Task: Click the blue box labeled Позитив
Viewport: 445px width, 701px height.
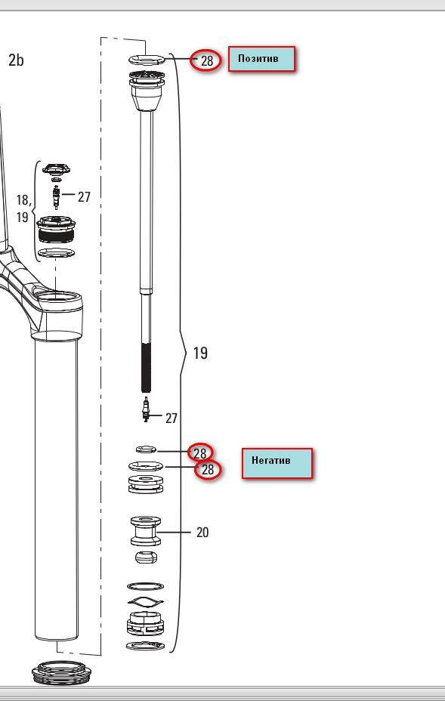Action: pyautogui.click(x=261, y=59)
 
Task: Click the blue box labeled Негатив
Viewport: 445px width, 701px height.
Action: pyautogui.click(x=277, y=463)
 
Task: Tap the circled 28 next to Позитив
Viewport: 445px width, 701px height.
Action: pyautogui.click(x=206, y=60)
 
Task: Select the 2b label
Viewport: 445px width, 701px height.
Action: pyautogui.click(x=16, y=60)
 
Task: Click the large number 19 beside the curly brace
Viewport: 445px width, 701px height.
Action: pyautogui.click(x=200, y=353)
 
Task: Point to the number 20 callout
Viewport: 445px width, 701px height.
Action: pyautogui.click(x=202, y=532)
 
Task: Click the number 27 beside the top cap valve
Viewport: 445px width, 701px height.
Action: pyautogui.click(x=84, y=196)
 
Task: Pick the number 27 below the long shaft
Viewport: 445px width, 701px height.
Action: pyautogui.click(x=172, y=418)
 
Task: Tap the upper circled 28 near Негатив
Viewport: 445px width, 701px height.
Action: pyautogui.click(x=199, y=452)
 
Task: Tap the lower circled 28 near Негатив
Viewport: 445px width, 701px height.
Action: pyautogui.click(x=208, y=469)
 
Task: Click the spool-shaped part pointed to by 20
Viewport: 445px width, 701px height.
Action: pyautogui.click(x=146, y=531)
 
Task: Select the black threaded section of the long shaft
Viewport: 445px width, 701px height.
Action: pyautogui.click(x=146, y=367)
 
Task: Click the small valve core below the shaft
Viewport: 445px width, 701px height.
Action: pyautogui.click(x=145, y=409)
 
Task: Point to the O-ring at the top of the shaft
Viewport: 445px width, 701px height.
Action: pyautogui.click(x=147, y=59)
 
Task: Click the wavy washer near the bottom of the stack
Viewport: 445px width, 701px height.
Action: pyautogui.click(x=145, y=601)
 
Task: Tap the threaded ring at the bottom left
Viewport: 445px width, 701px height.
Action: pyautogui.click(x=62, y=674)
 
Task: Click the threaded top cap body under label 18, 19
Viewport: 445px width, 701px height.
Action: pyautogui.click(x=56, y=229)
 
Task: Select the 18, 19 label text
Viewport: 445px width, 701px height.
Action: pyautogui.click(x=23, y=208)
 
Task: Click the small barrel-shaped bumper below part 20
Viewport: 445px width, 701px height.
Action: pyautogui.click(x=146, y=557)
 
